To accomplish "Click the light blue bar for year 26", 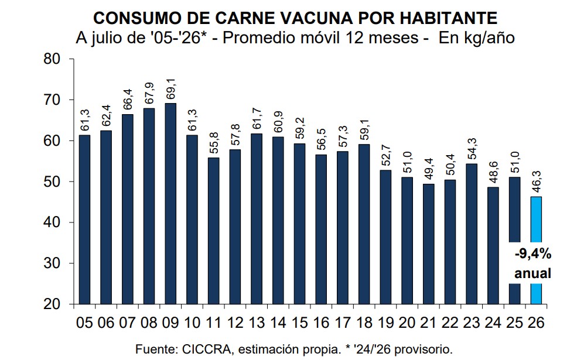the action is point(536,250).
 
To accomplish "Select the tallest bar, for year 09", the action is point(170,204).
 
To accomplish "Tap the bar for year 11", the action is point(213,231).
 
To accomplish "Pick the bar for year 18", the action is point(364,224).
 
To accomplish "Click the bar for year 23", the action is point(472,234).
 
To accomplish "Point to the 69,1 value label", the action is point(170,89).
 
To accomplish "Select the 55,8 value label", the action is point(214,143).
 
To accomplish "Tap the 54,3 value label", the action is point(472,149).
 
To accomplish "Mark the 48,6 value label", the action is point(493,173).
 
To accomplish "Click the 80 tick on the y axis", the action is point(52,59).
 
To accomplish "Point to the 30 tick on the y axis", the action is point(52,263).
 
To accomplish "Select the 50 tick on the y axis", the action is point(52,181).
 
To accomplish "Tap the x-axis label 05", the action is point(84,323).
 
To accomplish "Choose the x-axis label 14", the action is point(278,323).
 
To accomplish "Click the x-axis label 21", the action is point(429,323).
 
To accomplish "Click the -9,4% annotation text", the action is point(533,253).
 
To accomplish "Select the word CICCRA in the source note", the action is point(206,349).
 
